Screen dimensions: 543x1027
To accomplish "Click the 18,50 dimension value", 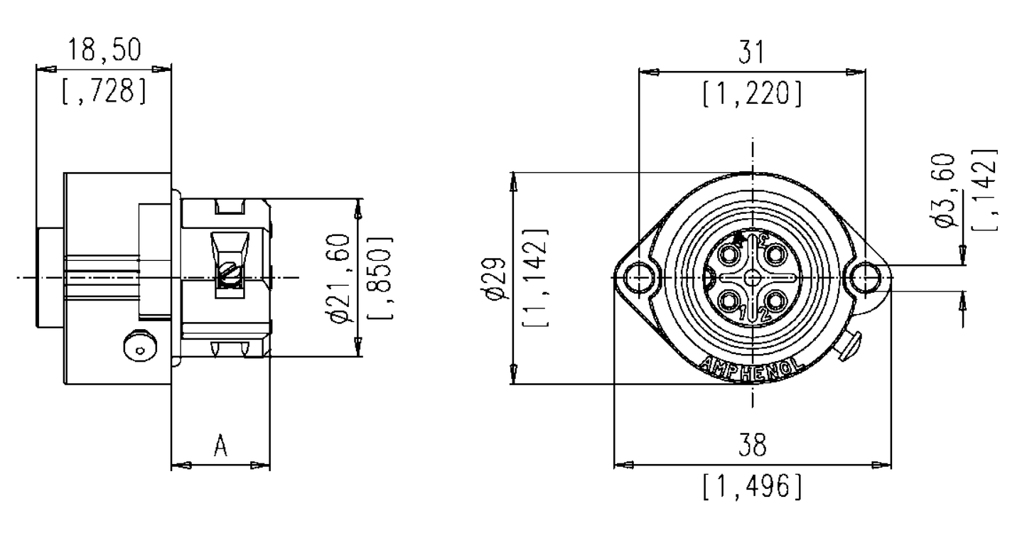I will click(x=104, y=50).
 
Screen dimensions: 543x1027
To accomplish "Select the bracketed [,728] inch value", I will click(x=104, y=92).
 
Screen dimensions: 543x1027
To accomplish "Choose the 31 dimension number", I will click(x=752, y=53).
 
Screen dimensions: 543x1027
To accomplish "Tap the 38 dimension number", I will click(x=752, y=446).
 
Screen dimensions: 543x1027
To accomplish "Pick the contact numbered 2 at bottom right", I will click(x=773, y=301).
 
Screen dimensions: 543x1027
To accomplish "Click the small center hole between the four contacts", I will click(x=752, y=278).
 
